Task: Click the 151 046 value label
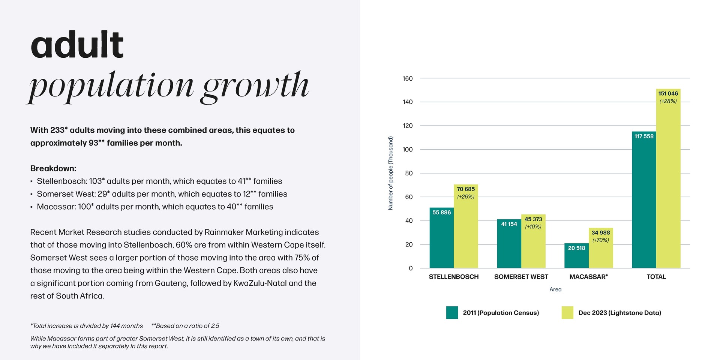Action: coord(668,93)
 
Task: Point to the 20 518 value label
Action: coord(576,248)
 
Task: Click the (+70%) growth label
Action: coord(601,240)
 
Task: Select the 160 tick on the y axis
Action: coord(408,78)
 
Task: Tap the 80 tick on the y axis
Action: coord(409,173)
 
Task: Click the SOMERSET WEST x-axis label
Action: coord(521,277)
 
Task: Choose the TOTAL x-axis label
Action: coord(656,277)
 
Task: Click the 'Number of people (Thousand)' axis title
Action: coord(391,173)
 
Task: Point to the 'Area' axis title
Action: coord(555,289)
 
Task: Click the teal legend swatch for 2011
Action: coord(452,313)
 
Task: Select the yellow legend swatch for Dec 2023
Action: coord(567,313)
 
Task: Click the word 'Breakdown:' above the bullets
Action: coord(53,168)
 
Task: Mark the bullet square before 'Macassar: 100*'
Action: coord(31,207)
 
